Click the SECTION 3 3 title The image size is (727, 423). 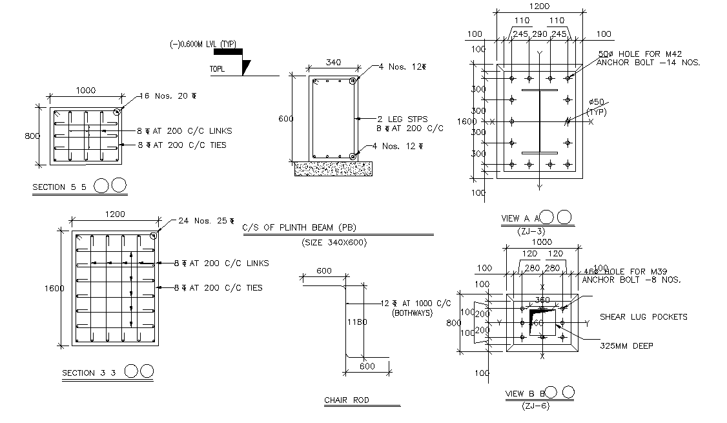click(88, 373)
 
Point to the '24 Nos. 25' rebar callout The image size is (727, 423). click(204, 221)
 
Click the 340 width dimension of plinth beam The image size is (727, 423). click(333, 63)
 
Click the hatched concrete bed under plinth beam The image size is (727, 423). click(333, 168)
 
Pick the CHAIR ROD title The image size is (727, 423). click(346, 400)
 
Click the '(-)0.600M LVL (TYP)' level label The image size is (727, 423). click(203, 44)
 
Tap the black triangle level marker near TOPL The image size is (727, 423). click(246, 67)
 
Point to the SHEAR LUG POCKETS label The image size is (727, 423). click(643, 316)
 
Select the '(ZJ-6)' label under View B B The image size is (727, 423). click(537, 406)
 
